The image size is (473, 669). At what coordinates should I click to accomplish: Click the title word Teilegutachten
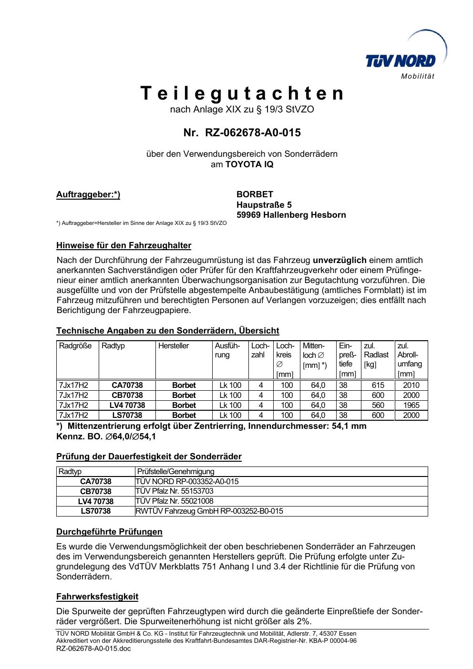pos(242,93)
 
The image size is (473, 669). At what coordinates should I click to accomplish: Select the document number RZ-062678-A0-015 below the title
pos(253,132)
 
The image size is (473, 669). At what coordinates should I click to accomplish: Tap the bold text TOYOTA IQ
pos(249,164)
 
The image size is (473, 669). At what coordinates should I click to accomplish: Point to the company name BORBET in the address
pos(255,194)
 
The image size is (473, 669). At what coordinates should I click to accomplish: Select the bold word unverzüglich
pos(339,260)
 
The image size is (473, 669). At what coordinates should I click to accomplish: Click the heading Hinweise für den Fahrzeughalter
pos(123,246)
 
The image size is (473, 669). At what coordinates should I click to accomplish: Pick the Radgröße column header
pos(75,346)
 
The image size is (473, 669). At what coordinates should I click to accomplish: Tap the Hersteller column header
pos(174,346)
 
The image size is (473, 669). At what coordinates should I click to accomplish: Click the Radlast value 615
pos(378,385)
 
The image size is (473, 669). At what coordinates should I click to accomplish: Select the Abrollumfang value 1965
pos(411,405)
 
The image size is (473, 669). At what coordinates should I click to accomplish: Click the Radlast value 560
pos(378,405)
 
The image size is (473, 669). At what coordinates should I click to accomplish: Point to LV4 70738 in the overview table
pos(127,405)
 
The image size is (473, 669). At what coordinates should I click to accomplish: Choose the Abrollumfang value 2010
pos(411,385)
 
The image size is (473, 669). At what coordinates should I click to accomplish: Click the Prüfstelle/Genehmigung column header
pos(175,472)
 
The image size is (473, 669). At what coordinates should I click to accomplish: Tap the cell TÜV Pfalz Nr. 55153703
pos(175,491)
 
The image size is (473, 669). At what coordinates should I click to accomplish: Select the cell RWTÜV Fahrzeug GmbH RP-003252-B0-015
pos(209,511)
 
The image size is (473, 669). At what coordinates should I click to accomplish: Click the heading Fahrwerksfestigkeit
pos(97,597)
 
